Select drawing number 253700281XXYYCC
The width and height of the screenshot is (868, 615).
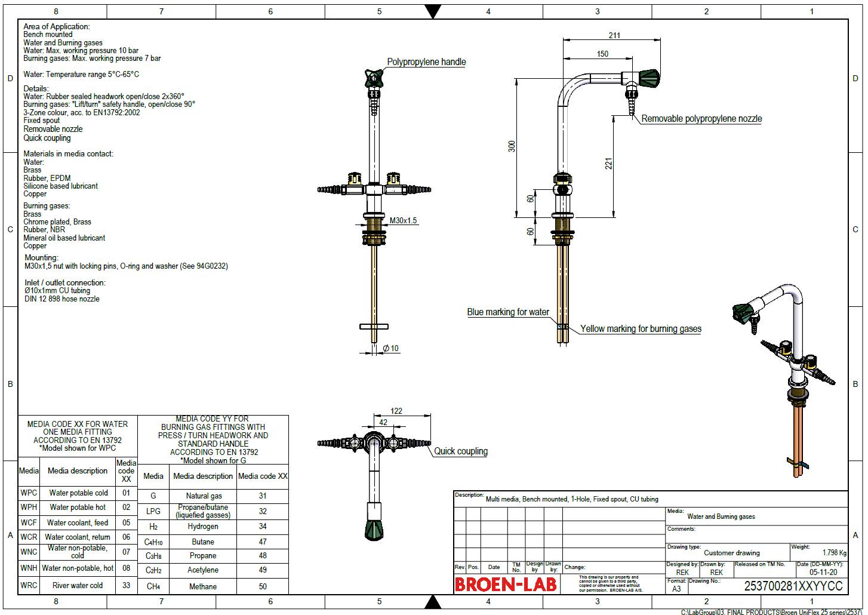pyautogui.click(x=793, y=586)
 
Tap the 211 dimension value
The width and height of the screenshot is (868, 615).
pyautogui.click(x=614, y=35)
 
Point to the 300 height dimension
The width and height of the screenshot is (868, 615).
pyautogui.click(x=512, y=146)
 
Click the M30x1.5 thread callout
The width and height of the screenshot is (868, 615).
pyautogui.click(x=404, y=221)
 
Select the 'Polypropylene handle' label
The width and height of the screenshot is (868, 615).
pyautogui.click(x=426, y=62)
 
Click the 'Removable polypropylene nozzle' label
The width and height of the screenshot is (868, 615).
pyautogui.click(x=701, y=119)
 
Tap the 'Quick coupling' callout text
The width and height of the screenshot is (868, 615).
pyautogui.click(x=460, y=451)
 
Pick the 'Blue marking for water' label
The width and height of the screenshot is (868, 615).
pyautogui.click(x=508, y=312)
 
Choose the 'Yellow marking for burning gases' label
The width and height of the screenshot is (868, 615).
pyautogui.click(x=641, y=329)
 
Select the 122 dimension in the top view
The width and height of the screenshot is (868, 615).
pyautogui.click(x=396, y=411)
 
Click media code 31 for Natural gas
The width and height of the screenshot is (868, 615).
pyautogui.click(x=263, y=496)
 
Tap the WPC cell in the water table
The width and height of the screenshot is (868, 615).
pyautogui.click(x=29, y=493)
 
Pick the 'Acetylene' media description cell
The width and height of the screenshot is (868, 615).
pyautogui.click(x=203, y=570)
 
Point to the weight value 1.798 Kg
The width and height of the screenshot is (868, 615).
pyautogui.click(x=834, y=553)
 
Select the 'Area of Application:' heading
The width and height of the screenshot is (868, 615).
pyautogui.click(x=57, y=26)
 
